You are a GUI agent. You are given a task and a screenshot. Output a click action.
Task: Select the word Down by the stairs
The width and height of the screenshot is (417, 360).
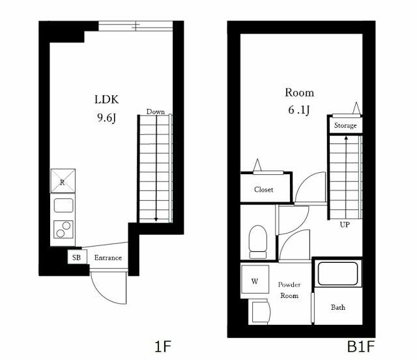[x=155, y=112]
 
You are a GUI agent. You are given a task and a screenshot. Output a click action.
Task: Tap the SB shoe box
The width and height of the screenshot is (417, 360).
[x=76, y=258]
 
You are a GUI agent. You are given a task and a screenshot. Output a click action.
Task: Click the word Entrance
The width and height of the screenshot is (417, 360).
[x=108, y=258]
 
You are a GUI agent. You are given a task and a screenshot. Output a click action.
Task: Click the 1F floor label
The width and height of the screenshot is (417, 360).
[x=163, y=346]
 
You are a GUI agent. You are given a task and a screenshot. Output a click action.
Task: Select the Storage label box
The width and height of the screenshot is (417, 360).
[x=345, y=125]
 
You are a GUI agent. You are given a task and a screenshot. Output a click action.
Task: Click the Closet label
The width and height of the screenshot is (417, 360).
[x=263, y=190]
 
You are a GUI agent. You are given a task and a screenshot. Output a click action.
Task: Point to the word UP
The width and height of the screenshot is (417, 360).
[x=345, y=225]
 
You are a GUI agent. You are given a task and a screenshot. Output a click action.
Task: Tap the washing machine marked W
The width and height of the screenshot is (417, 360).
[x=255, y=282]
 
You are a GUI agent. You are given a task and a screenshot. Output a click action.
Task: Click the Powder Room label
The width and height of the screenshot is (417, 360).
[x=289, y=290]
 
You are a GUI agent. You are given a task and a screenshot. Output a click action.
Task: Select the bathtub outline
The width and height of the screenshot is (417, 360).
[x=338, y=274]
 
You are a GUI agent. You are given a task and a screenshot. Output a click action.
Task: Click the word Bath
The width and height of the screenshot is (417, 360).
[x=338, y=307]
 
